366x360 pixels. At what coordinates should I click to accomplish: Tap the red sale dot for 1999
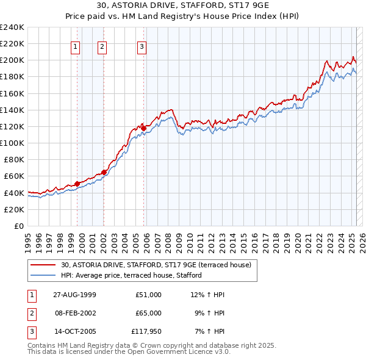[x=77, y=184]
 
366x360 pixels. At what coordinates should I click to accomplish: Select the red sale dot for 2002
[x=104, y=172]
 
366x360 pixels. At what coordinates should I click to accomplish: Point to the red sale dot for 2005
[x=144, y=128]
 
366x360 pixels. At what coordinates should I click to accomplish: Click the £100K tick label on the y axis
[x=12, y=143]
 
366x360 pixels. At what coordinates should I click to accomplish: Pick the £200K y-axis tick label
[x=12, y=60]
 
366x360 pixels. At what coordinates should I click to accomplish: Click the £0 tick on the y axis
[x=18, y=226]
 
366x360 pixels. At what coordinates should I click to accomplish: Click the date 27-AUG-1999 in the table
[x=74, y=295]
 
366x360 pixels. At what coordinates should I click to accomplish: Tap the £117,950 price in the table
[x=146, y=332]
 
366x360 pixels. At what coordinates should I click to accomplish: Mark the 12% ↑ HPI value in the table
[x=207, y=295]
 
